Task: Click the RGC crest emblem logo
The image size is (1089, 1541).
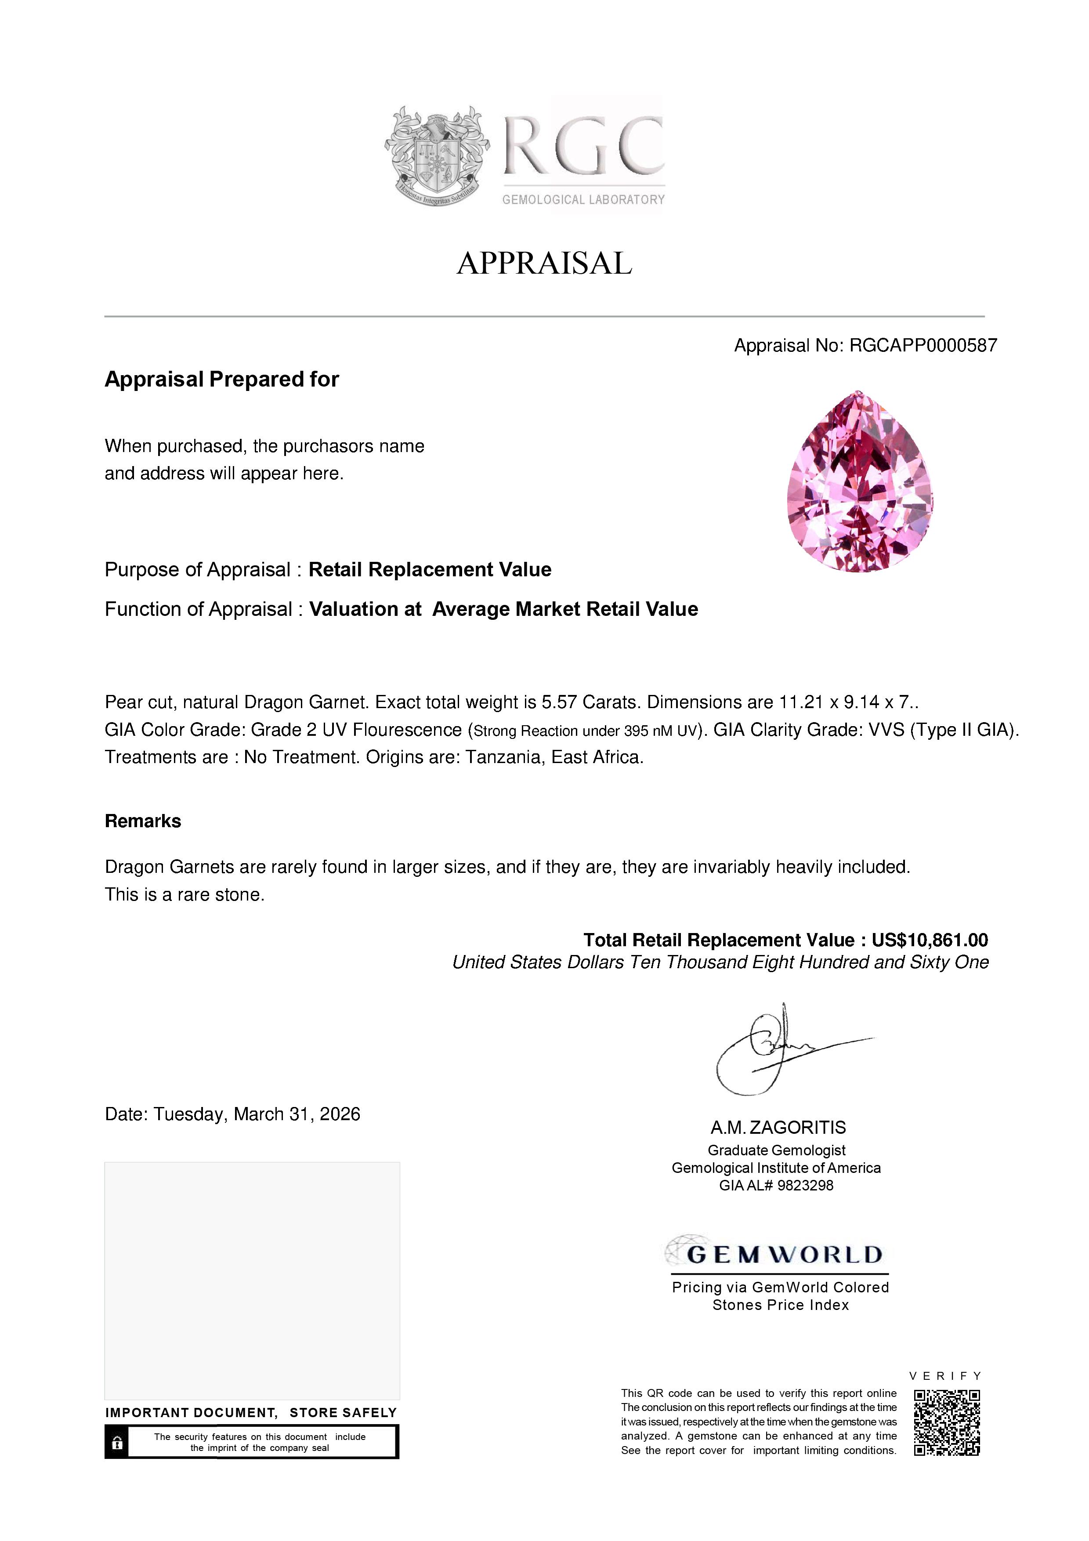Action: (437, 156)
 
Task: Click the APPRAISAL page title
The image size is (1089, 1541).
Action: (544, 263)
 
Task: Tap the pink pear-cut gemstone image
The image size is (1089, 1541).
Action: (860, 482)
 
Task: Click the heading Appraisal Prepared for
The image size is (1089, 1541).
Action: (221, 379)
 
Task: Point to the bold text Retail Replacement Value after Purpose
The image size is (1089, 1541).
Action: (430, 570)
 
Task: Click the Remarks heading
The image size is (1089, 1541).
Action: (143, 821)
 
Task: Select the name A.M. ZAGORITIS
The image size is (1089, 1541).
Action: (778, 1128)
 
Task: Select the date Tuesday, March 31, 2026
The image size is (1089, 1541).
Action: (257, 1114)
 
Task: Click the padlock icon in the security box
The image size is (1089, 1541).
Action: (117, 1442)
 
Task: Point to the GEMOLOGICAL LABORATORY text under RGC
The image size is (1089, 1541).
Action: (583, 200)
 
